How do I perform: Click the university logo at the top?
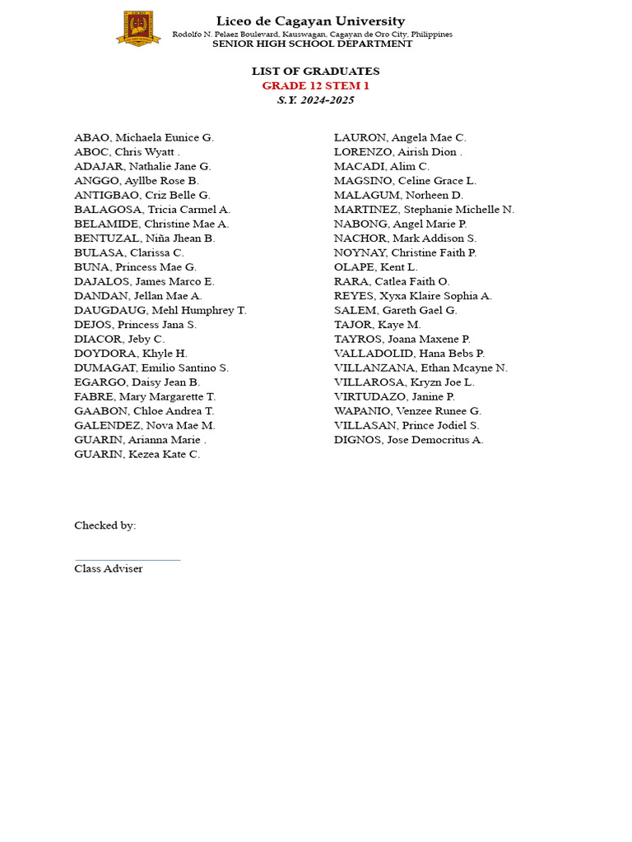pos(138,29)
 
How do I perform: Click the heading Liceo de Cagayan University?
pos(310,21)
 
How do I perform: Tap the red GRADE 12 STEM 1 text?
pos(315,86)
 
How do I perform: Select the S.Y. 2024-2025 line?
pos(315,100)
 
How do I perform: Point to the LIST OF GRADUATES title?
pos(315,72)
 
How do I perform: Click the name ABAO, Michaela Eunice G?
pos(144,137)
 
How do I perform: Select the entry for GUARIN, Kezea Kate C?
pos(137,454)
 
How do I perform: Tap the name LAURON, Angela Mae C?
pos(400,137)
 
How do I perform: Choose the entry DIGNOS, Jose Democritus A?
pos(409,440)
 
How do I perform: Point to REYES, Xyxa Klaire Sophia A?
pos(413,296)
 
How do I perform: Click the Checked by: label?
pos(105,525)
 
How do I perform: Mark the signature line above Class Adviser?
pos(127,560)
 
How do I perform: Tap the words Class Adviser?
pos(109,569)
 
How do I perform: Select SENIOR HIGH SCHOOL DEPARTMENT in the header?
pos(312,44)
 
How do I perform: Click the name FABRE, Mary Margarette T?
pos(145,396)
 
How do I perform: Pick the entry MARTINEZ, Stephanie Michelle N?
pos(424,210)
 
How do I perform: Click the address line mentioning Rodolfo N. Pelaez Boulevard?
pos(312,34)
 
